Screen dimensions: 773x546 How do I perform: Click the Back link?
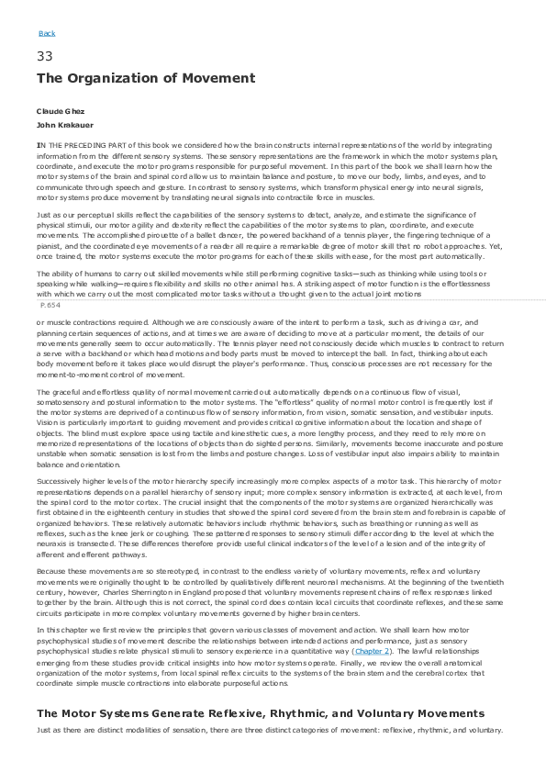(x=47, y=34)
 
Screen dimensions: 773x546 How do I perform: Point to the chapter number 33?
(x=44, y=57)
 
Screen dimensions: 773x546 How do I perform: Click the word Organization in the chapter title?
(x=122, y=79)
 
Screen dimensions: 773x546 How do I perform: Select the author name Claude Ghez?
(x=55, y=111)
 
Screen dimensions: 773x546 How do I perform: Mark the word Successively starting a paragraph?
(x=60, y=480)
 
